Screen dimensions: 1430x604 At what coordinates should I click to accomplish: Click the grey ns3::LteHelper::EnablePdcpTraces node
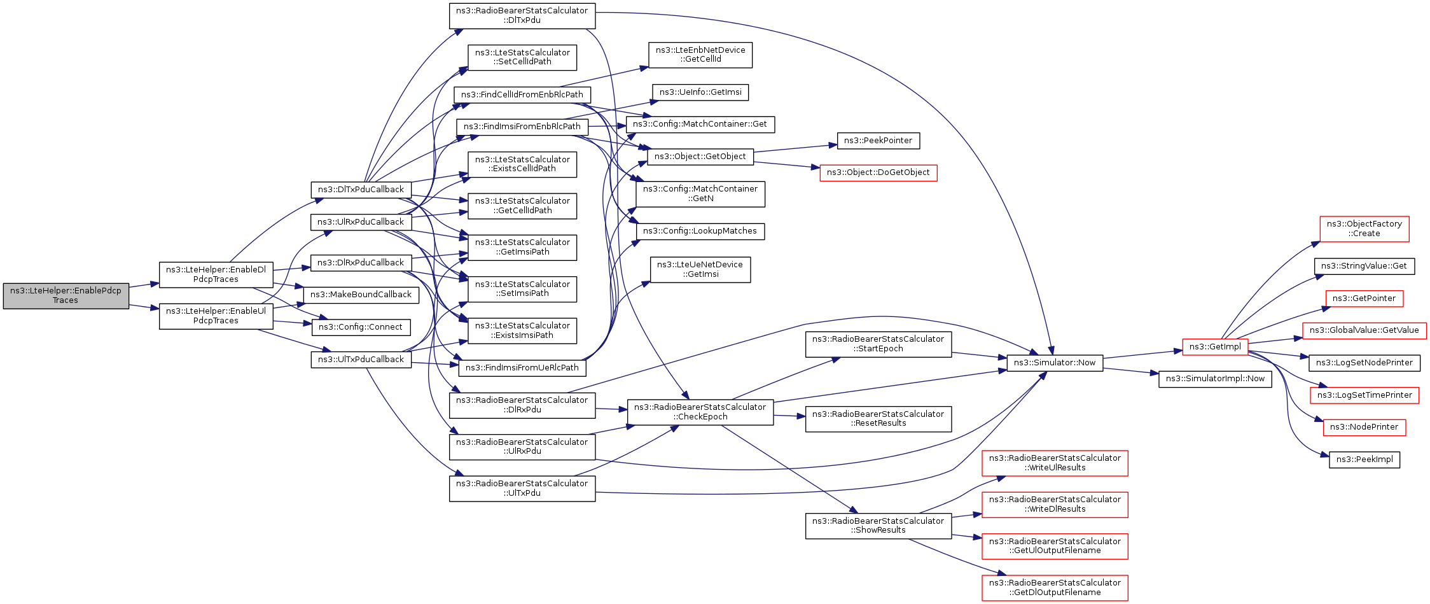tap(66, 296)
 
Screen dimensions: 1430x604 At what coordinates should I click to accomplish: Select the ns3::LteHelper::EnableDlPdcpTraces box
tap(216, 274)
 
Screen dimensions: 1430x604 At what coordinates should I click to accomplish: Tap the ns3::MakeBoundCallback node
tap(361, 295)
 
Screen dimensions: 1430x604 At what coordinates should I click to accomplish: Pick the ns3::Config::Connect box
tap(361, 327)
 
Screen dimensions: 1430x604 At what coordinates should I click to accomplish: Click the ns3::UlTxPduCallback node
tap(361, 360)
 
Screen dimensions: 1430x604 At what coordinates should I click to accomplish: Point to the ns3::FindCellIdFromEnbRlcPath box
tap(522, 95)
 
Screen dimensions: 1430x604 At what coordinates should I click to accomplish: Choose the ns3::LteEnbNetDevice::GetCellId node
tap(700, 55)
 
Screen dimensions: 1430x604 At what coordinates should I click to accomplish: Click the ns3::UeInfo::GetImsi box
tap(700, 92)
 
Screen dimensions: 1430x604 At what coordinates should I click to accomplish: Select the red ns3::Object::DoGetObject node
tap(878, 172)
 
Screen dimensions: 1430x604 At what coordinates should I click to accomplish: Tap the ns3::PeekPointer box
tap(878, 141)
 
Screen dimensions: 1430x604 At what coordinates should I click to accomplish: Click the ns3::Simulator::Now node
tap(1055, 363)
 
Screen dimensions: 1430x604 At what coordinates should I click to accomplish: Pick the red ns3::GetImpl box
tap(1215, 347)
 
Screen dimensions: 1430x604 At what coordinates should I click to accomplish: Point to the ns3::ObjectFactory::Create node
tap(1364, 229)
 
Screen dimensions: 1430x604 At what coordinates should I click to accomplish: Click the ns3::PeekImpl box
tap(1364, 460)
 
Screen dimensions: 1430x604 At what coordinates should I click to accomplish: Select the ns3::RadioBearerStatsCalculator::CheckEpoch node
tap(700, 412)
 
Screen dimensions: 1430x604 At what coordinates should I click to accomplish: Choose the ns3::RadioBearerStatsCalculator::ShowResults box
tap(878, 526)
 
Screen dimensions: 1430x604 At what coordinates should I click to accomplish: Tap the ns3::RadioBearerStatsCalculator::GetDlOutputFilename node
tap(1055, 587)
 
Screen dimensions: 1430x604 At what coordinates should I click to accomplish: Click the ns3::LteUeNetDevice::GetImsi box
tap(700, 270)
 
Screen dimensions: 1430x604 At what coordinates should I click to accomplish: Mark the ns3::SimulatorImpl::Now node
tap(1215, 379)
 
